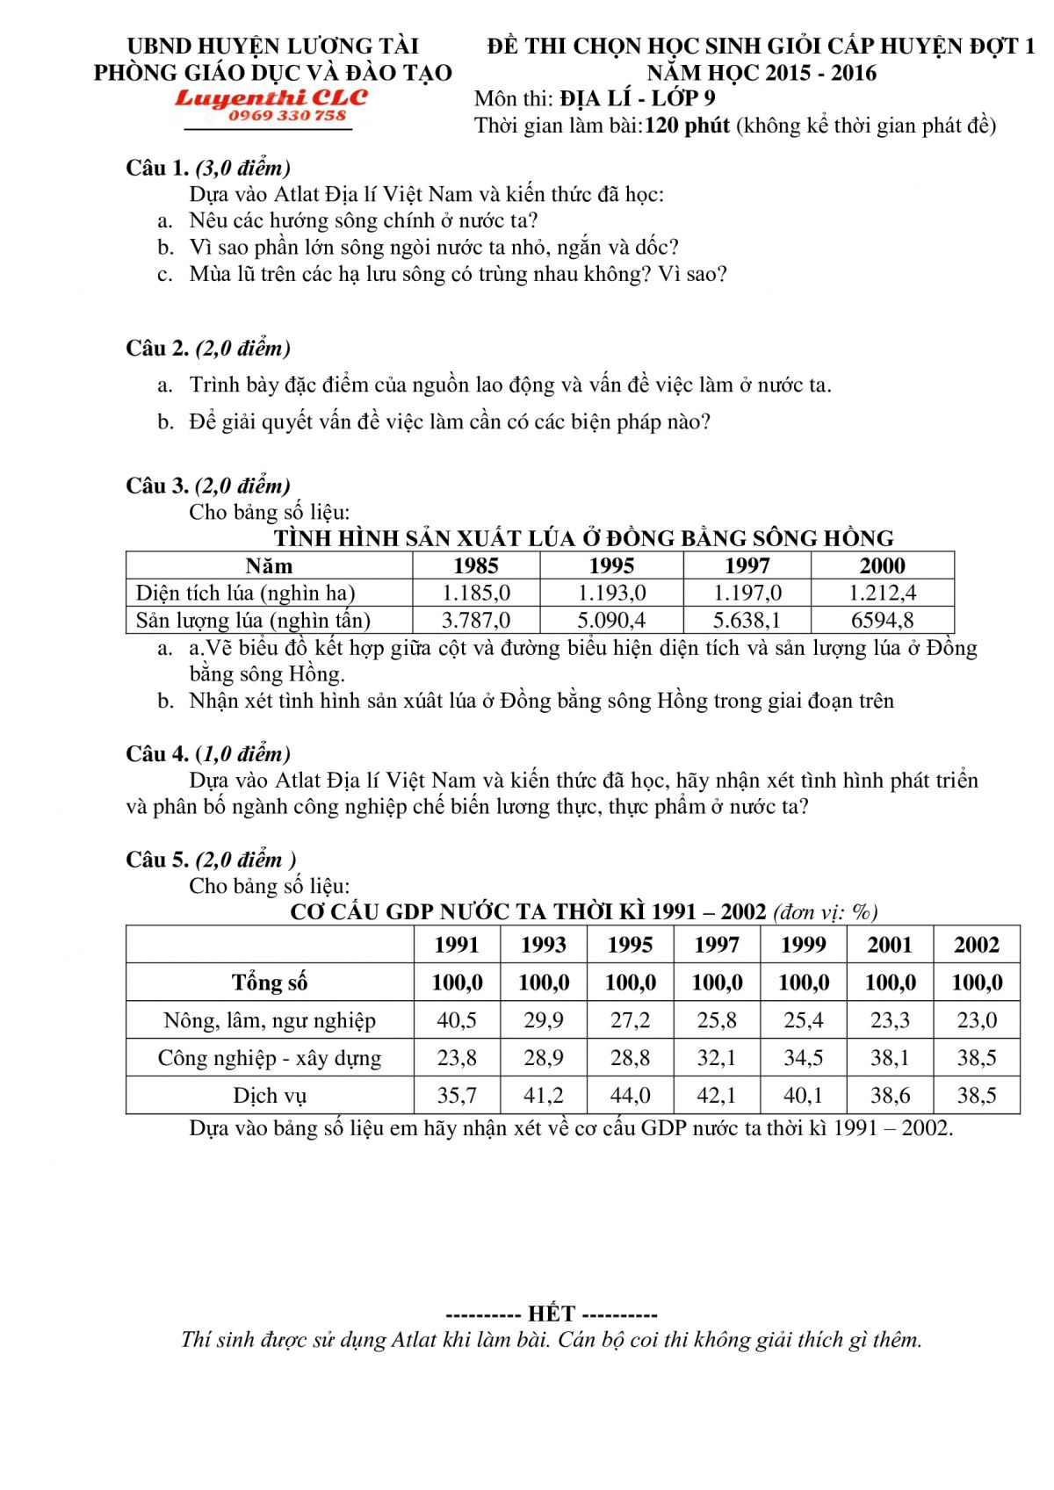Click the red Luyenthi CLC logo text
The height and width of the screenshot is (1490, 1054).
pyautogui.click(x=271, y=97)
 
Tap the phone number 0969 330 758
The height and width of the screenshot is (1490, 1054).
pyautogui.click(x=287, y=116)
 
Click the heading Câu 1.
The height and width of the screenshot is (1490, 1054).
pyautogui.click(x=157, y=168)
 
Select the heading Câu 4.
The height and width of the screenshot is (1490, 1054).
pyautogui.click(x=157, y=753)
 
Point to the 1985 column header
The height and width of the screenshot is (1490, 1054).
pyautogui.click(x=475, y=565)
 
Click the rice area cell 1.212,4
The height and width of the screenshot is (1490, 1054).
pyautogui.click(x=882, y=593)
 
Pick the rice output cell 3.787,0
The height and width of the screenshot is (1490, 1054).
pyautogui.click(x=475, y=620)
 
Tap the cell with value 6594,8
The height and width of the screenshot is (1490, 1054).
pyautogui.click(x=882, y=620)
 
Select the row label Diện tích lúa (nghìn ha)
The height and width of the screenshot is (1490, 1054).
pyautogui.click(x=246, y=593)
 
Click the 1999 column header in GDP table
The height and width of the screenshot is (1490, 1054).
pyautogui.click(x=803, y=945)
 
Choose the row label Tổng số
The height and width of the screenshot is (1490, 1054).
pyautogui.click(x=270, y=983)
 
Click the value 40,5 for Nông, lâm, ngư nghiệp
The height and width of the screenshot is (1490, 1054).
pyautogui.click(x=457, y=1020)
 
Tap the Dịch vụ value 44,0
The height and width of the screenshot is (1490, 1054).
pyautogui.click(x=630, y=1096)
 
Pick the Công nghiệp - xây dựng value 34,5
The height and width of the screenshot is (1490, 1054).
pyautogui.click(x=803, y=1058)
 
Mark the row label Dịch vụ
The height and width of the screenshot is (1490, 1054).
pyautogui.click(x=270, y=1096)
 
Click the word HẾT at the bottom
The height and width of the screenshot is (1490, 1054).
pyautogui.click(x=552, y=1314)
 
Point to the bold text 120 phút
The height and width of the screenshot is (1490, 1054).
pyautogui.click(x=687, y=126)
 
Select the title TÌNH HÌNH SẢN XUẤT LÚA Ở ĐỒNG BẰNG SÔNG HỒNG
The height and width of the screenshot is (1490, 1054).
pyautogui.click(x=583, y=538)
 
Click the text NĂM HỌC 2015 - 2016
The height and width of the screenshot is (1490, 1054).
pyautogui.click(x=762, y=72)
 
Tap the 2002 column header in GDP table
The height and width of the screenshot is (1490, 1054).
pyautogui.click(x=976, y=945)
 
